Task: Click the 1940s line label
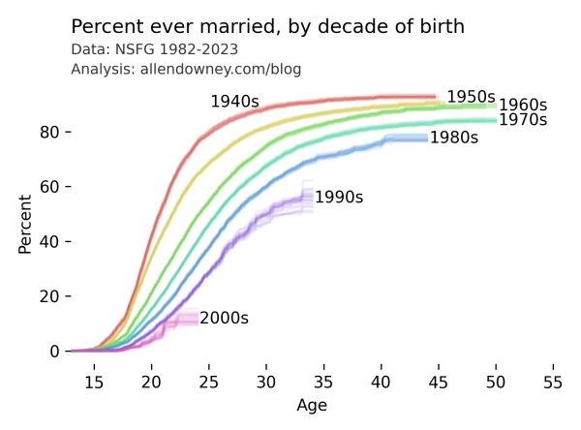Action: click(235, 101)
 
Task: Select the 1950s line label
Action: click(471, 97)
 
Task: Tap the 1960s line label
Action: click(523, 105)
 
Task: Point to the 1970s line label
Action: click(523, 120)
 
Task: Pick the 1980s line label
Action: click(454, 138)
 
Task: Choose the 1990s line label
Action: click(339, 197)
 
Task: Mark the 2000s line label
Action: click(225, 318)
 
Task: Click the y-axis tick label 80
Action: click(49, 132)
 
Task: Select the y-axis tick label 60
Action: click(49, 187)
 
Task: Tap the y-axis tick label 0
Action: click(54, 351)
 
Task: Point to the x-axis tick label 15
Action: click(94, 383)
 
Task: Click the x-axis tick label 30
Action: click(266, 383)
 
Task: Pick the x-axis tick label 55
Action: click(553, 383)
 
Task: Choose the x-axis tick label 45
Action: click(439, 383)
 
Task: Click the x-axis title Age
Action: click(312, 406)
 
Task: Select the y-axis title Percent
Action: click(25, 225)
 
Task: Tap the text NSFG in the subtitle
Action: click(131, 49)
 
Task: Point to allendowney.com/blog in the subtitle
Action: click(221, 69)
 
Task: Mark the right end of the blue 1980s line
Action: click(427, 138)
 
